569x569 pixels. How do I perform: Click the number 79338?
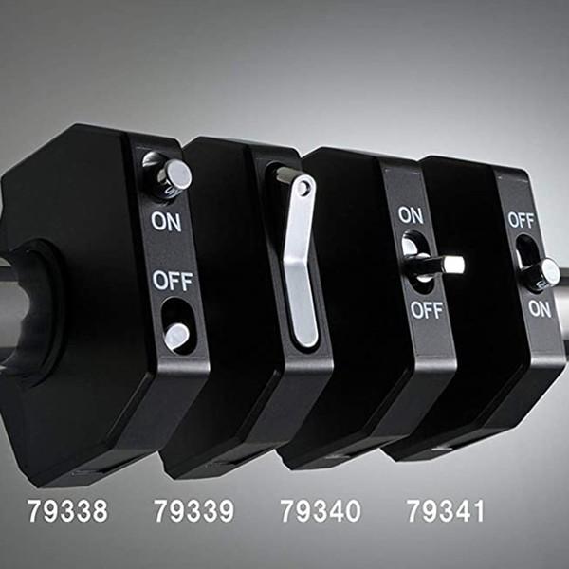coord(68,511)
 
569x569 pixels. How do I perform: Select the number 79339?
coord(194,511)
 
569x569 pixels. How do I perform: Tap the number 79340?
coord(321,511)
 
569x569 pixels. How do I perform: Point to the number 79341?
coord(446,511)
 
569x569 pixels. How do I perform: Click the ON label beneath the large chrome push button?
coord(166,221)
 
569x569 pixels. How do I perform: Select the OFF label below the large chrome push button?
coord(172,281)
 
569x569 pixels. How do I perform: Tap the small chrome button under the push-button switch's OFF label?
coord(176,338)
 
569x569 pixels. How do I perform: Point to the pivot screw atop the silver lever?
coord(303,188)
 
